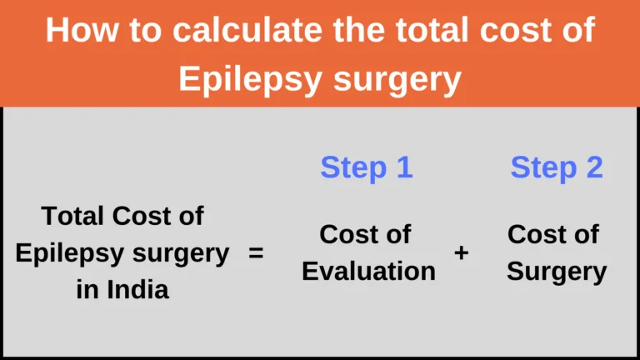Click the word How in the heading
tap(82, 29)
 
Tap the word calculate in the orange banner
tap(247, 29)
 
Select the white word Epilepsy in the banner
tap(250, 80)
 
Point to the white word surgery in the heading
tap(397, 80)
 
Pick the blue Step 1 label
tap(367, 167)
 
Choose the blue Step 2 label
tap(557, 167)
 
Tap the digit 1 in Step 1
tap(404, 166)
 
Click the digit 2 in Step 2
tap(595, 166)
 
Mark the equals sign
tap(256, 253)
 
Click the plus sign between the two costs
tap(461, 253)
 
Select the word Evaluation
tap(368, 271)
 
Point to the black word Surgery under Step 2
tap(557, 272)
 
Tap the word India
tap(137, 290)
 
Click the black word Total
tap(72, 216)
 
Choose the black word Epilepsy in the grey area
tap(70, 254)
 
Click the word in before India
tap(87, 290)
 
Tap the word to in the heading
tap(145, 30)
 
